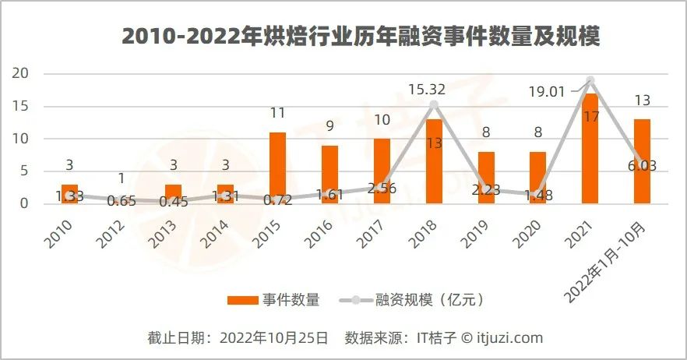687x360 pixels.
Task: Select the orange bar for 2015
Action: (277, 168)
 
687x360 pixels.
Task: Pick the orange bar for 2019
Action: (486, 178)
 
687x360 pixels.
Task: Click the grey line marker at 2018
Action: (434, 104)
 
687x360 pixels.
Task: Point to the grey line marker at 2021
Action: (590, 80)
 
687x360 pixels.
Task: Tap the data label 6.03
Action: (642, 165)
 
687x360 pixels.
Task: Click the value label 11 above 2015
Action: (277, 113)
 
